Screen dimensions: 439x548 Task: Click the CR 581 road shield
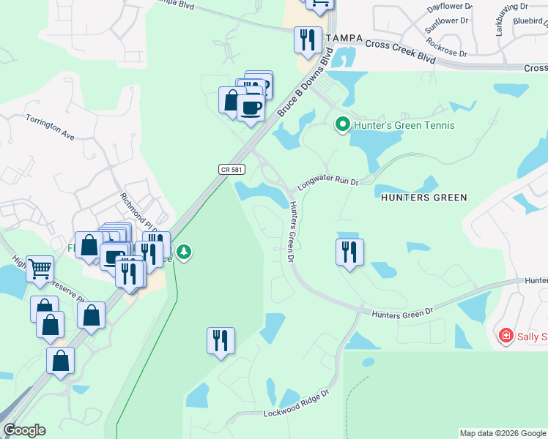(x=232, y=169)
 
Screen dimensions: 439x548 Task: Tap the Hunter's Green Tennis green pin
(x=341, y=125)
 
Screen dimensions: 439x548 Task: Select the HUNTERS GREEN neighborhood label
(x=423, y=198)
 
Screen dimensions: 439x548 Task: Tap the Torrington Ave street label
(x=51, y=127)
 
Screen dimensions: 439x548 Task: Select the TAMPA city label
(x=344, y=39)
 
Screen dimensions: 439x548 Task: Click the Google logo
(x=24, y=430)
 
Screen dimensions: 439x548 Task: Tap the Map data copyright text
(x=502, y=433)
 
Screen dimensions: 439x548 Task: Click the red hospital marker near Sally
(x=505, y=336)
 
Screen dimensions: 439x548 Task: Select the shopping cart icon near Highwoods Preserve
(x=40, y=268)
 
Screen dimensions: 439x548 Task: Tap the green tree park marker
(x=184, y=252)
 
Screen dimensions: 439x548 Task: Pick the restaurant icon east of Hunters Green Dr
(x=349, y=252)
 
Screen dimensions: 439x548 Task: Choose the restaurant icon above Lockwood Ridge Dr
(x=221, y=340)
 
